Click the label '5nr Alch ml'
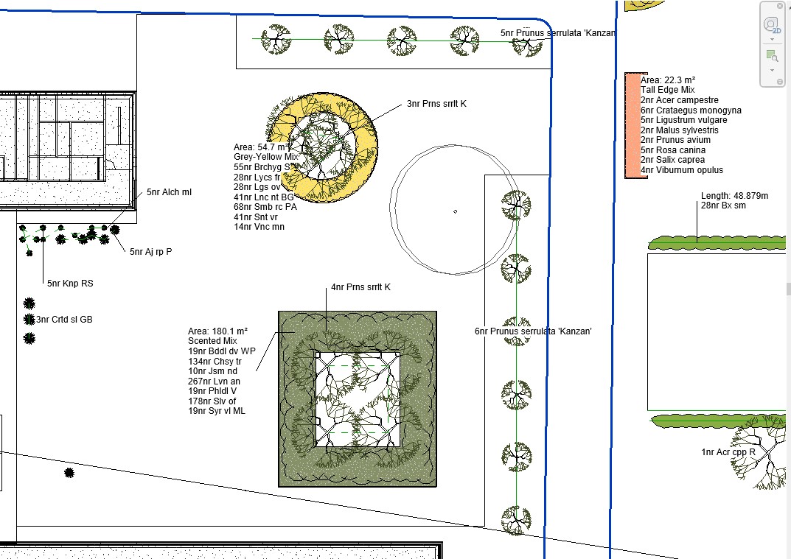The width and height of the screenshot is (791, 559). point(169,192)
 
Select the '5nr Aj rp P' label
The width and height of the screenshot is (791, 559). point(151,252)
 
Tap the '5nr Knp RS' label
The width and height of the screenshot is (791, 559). point(70,284)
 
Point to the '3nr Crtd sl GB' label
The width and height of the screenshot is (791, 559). point(64,319)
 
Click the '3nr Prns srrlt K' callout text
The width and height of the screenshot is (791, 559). point(437,104)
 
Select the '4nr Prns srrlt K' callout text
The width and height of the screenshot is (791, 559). point(360,287)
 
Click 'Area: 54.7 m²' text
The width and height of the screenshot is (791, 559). point(261,147)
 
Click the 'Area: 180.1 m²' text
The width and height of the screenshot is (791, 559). point(218,331)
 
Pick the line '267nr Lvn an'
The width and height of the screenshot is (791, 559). point(214,381)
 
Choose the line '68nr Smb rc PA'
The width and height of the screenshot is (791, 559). point(265,207)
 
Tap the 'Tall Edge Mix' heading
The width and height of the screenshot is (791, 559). point(668,90)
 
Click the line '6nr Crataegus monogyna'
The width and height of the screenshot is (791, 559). point(691,110)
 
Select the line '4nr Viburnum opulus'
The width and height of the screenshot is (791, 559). point(682,170)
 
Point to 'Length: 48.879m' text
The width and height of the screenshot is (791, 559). point(734,196)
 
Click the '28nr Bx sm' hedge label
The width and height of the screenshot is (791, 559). point(723,205)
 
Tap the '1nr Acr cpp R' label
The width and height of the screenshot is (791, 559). point(728,452)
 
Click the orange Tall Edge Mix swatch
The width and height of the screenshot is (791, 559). point(633,125)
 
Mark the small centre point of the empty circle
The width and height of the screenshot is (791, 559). point(455,211)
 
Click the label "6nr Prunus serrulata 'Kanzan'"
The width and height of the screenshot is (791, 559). point(533,331)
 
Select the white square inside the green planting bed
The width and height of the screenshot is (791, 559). point(358,399)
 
